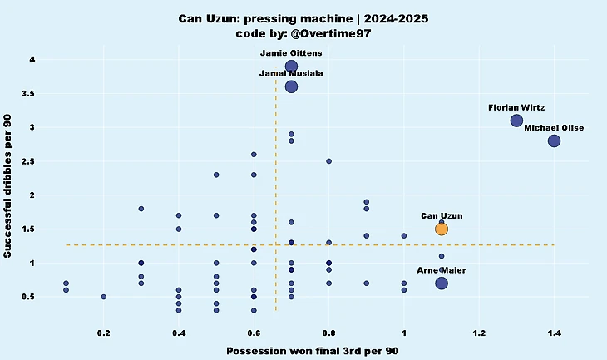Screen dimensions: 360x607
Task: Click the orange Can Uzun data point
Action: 442,229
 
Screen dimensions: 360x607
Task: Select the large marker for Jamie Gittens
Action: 291,67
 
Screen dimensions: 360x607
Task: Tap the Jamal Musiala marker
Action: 291,86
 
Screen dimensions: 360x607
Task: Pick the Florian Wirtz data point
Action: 516,121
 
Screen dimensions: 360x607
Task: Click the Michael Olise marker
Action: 555,141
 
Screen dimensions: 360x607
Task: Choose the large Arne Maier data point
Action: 442,284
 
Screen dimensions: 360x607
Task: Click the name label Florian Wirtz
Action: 516,107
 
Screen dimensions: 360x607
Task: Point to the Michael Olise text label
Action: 554,127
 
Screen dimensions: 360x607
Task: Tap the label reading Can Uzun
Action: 442,215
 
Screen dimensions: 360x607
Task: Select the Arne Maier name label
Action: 442,270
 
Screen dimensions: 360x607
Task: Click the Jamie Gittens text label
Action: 291,52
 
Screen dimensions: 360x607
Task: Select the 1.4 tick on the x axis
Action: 555,333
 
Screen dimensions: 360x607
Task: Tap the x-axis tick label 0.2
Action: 104,333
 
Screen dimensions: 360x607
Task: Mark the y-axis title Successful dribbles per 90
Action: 9,187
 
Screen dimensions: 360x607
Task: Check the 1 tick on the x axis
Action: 404,333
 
